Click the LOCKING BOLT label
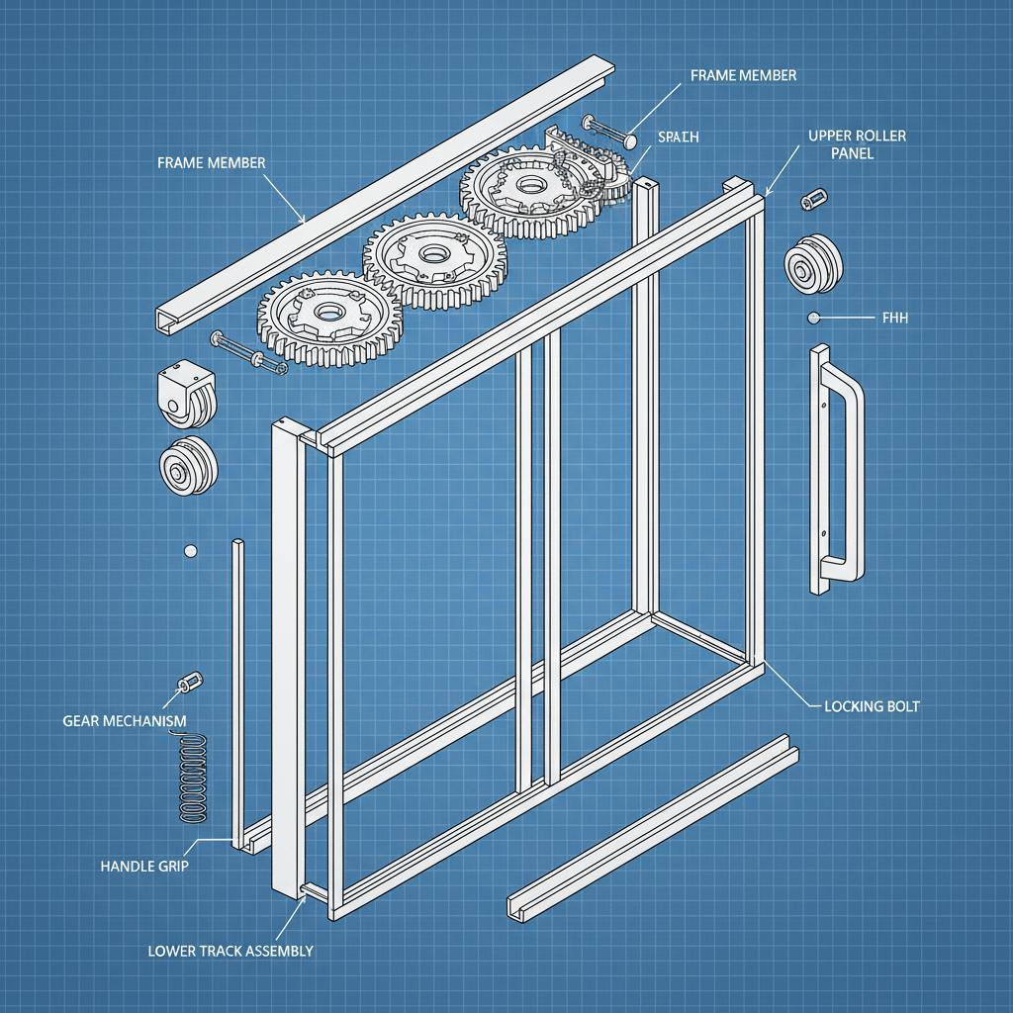click(872, 706)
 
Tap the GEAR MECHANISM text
click(124, 721)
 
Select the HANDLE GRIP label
click(144, 866)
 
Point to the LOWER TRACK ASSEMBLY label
click(230, 951)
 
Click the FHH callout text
click(894, 319)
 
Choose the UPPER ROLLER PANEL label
click(857, 144)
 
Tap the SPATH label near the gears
click(678, 138)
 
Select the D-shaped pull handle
click(836, 470)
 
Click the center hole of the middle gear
click(432, 254)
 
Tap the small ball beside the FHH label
click(813, 318)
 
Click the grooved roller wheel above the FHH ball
click(814, 265)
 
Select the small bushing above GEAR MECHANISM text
click(189, 683)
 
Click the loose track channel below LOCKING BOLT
click(653, 826)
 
